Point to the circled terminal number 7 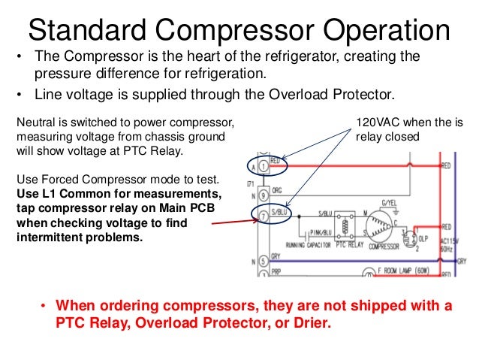click(262, 216)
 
